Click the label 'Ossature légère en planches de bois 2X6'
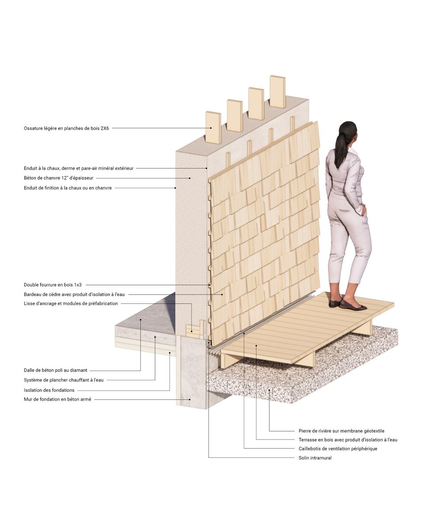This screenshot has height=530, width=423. [x=66, y=129]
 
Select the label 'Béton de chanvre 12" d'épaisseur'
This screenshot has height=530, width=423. [x=59, y=178]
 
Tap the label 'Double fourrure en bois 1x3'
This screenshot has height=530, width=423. [x=53, y=285]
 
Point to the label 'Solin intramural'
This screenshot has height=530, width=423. [x=315, y=458]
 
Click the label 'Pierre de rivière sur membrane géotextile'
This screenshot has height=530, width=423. [x=341, y=431]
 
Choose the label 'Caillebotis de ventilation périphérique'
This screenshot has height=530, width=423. [x=338, y=449]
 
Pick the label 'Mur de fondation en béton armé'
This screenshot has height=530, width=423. [x=57, y=399]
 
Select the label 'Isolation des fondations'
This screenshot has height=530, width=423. [x=49, y=390]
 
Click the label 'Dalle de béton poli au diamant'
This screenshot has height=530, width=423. [x=55, y=370]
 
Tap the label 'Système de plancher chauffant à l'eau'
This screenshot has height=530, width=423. [x=64, y=380]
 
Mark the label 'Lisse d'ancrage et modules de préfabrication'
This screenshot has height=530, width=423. [x=71, y=303]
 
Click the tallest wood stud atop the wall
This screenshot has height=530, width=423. [x=277, y=91]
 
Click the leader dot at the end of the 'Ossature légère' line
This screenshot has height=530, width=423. [x=211, y=128]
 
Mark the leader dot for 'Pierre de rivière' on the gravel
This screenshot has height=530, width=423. [x=269, y=390]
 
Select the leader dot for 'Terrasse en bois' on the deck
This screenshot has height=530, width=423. [x=256, y=345]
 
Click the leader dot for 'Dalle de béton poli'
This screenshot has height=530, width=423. [x=140, y=320]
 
